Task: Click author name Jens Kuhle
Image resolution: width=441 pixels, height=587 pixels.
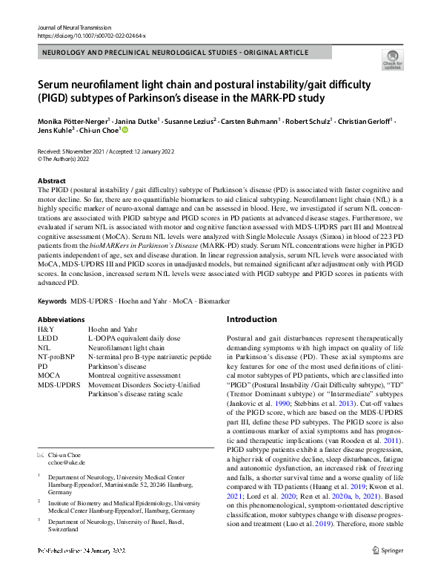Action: pos(55,131)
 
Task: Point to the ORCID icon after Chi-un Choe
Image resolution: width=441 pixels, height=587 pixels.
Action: pos(125,131)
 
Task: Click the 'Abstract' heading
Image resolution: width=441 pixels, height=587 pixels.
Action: pos(53,180)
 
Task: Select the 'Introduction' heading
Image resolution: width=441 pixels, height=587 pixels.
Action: pos(251,319)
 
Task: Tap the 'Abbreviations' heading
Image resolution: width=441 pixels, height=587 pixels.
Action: pos(61,319)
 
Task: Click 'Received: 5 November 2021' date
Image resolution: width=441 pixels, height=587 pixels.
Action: pos(76,151)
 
